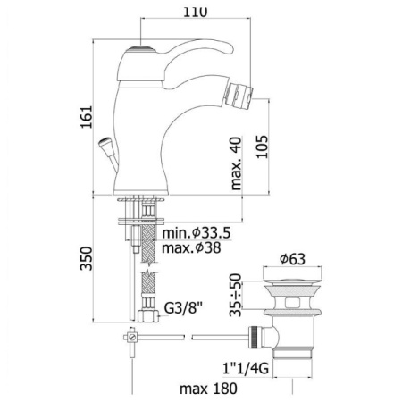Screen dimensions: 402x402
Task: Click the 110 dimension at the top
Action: [x=195, y=12]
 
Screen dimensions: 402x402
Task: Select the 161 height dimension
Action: [x=87, y=117]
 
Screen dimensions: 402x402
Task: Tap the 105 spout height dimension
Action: [x=262, y=147]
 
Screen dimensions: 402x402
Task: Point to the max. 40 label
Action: [x=236, y=163]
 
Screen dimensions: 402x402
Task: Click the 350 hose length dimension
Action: [x=87, y=258]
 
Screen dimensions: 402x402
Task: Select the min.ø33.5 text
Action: [x=197, y=233]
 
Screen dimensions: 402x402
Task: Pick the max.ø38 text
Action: [x=191, y=247]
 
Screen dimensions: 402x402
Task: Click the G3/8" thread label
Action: [x=183, y=308]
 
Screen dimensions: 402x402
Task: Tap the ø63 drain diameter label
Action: [x=292, y=259]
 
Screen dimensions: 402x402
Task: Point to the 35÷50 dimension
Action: [x=235, y=295]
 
